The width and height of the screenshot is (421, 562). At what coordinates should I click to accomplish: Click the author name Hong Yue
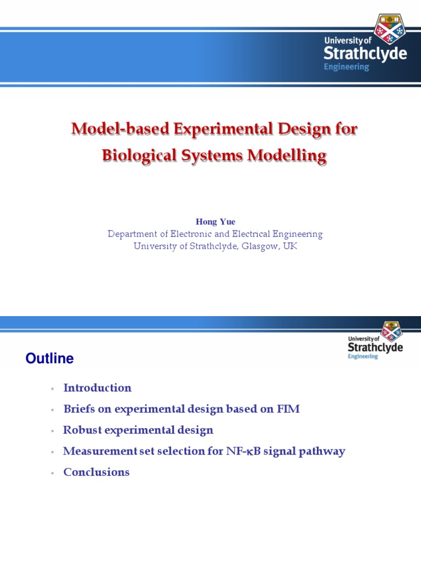click(x=215, y=222)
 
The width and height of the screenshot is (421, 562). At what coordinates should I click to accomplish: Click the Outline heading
click(x=49, y=359)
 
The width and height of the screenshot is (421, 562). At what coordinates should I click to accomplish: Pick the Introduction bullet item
click(x=98, y=388)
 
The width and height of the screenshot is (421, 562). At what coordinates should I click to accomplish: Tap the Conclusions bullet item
click(x=96, y=472)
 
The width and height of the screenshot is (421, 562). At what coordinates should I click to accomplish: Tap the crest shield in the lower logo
click(x=391, y=331)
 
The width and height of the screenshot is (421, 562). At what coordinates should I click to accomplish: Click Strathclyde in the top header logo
click(x=365, y=54)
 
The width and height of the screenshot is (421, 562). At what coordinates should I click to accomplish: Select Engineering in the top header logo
click(x=346, y=67)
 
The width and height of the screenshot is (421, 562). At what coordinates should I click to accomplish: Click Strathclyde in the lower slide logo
click(x=375, y=347)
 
